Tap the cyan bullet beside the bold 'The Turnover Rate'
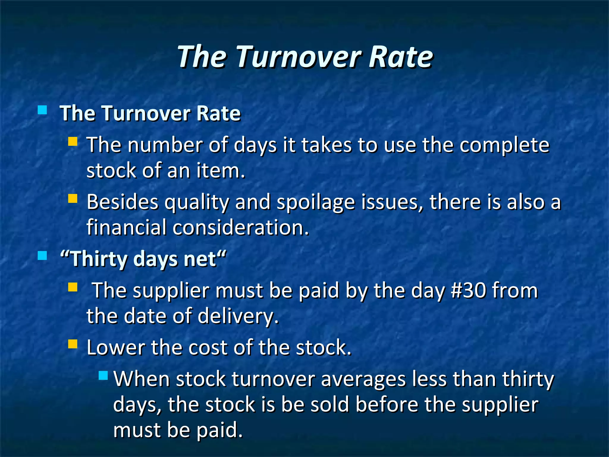pos(43,110)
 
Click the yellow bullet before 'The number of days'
pos(73,141)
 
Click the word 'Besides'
pos(123,202)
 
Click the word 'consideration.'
pos(241,228)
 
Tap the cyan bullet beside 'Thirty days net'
pos(43,256)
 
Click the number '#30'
pos(468,290)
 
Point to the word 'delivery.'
pos(238,316)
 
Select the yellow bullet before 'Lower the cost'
pos(73,344)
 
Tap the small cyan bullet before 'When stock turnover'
pos(103,375)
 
